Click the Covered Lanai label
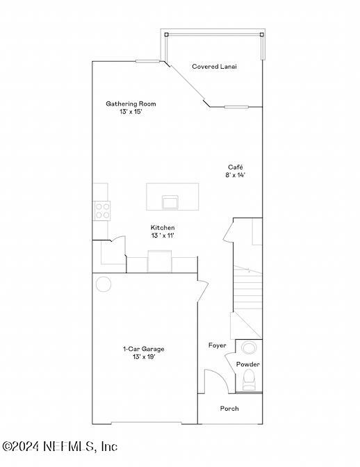214,67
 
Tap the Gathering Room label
131,104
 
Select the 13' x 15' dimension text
131,111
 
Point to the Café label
235,167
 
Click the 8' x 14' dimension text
235,175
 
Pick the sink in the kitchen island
170,202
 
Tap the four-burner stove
101,210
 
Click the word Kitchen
163,227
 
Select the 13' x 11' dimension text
163,236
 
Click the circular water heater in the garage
104,284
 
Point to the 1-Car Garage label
143,349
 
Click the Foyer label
217,345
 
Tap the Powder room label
247,364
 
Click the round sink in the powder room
248,347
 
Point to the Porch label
229,409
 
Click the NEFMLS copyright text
59,446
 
